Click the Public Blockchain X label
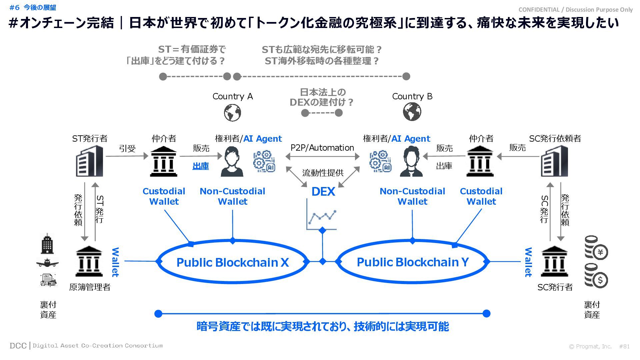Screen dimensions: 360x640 232,262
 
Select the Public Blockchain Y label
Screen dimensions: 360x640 413,262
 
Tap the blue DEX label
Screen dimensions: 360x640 323,192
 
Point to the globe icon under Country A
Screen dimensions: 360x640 232,113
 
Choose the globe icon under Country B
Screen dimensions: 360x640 412,112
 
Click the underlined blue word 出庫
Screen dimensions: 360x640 201,166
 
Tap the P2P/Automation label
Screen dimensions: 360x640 322,148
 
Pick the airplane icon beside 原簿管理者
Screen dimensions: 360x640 47,263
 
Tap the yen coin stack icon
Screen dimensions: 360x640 596,248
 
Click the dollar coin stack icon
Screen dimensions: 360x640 596,276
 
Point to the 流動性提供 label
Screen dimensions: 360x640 323,173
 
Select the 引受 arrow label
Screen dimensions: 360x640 127,149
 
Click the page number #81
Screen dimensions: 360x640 624,346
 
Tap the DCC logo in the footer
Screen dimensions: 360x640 18,346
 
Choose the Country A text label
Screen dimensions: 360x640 233,96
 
